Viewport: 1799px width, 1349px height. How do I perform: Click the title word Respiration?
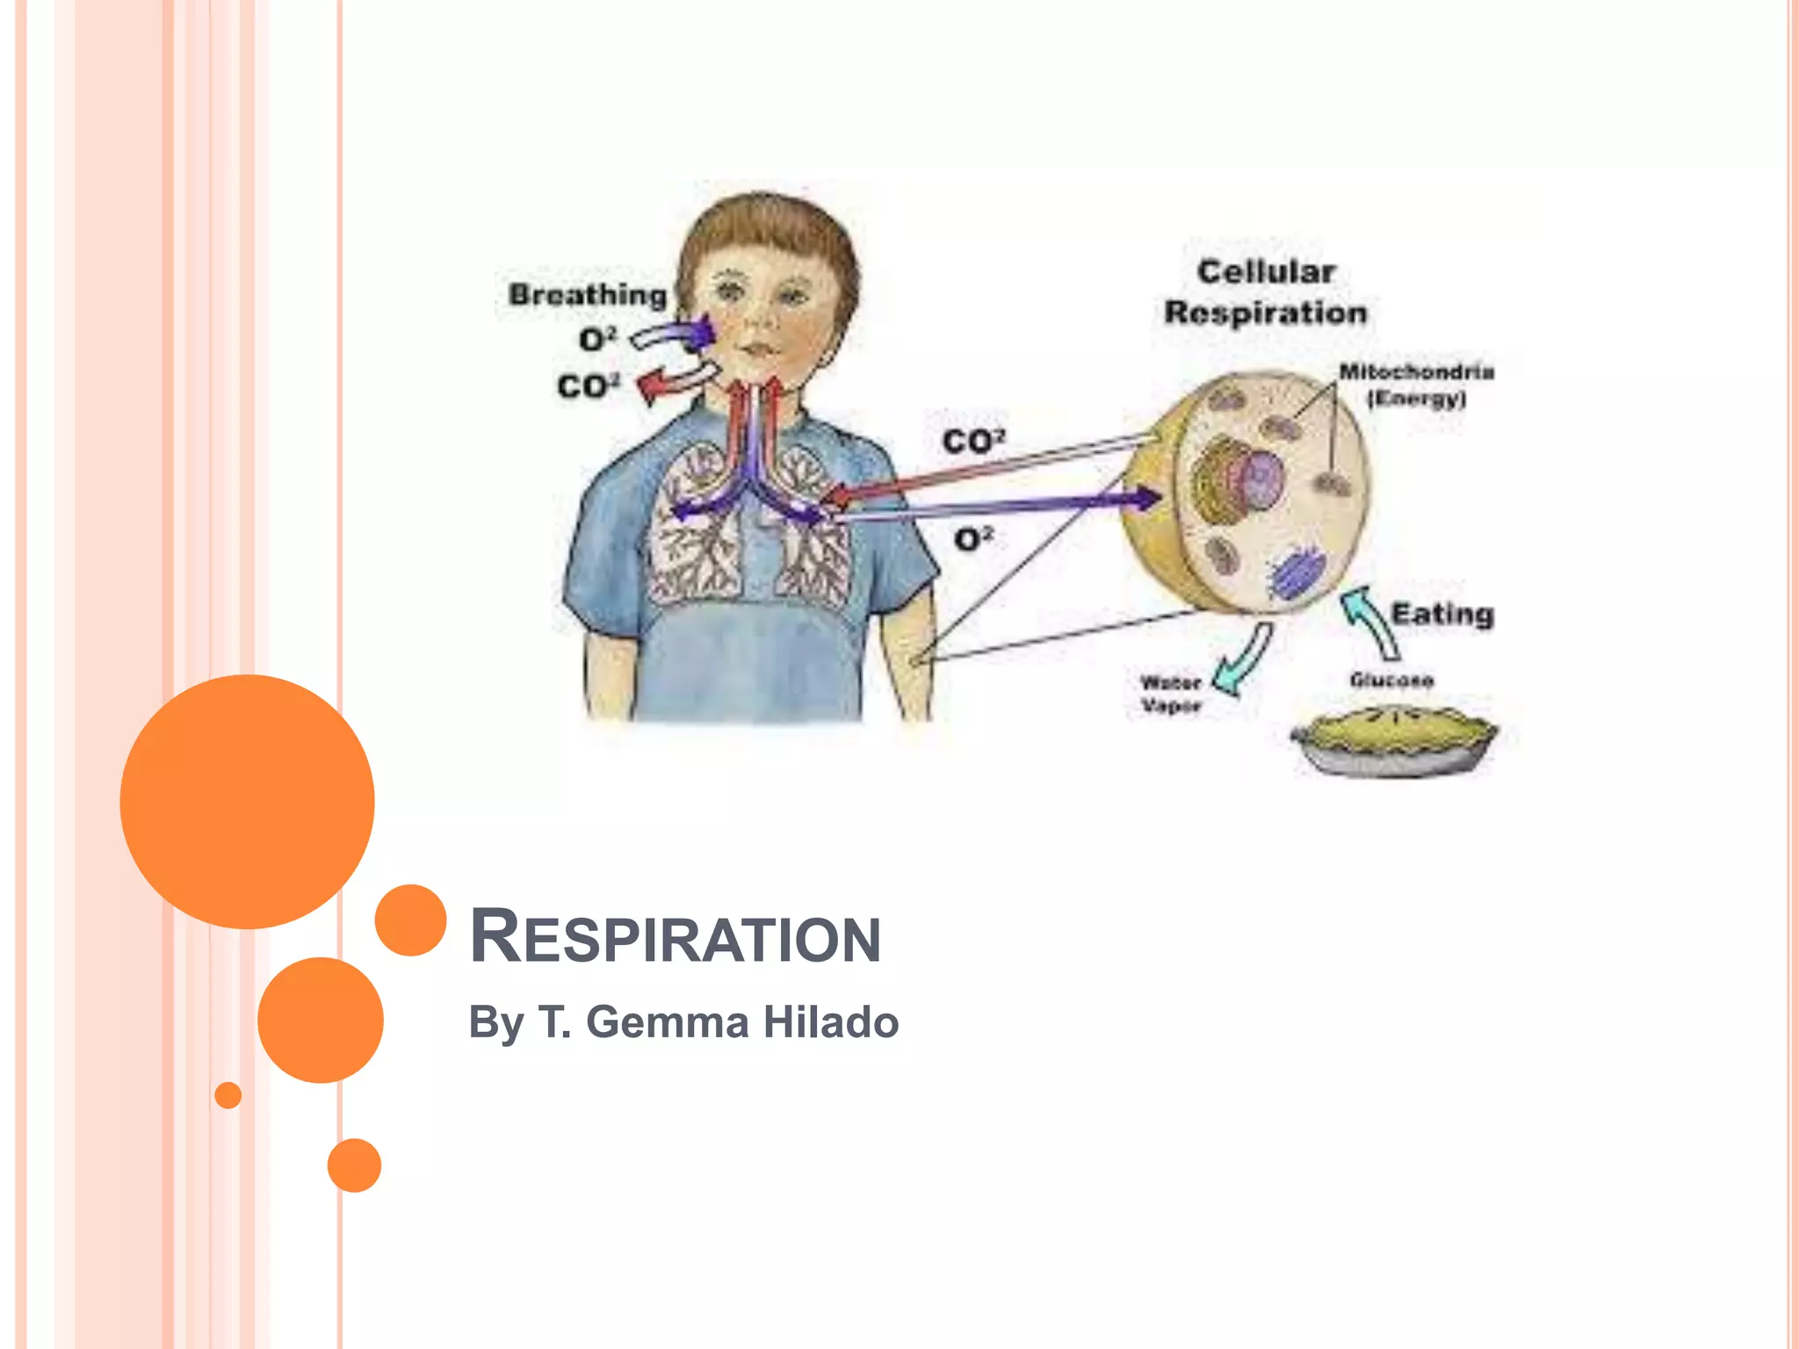point(675,938)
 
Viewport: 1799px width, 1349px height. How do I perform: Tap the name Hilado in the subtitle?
point(830,1022)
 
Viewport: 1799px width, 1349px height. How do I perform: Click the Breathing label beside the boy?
point(588,295)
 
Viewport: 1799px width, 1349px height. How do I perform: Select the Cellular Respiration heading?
point(1266,292)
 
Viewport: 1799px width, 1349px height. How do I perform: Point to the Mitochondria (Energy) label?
point(1416,385)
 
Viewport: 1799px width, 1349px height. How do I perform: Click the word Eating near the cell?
point(1442,614)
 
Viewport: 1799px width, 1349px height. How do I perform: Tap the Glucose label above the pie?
point(1391,680)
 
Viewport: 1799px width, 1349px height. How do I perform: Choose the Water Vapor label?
point(1170,694)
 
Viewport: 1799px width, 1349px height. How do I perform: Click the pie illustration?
point(1394,740)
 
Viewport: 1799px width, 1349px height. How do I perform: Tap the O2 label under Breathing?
point(598,339)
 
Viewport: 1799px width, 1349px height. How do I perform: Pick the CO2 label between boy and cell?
point(973,441)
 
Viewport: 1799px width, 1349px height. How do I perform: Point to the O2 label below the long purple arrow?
point(973,538)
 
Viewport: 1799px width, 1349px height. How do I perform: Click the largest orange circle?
point(247,801)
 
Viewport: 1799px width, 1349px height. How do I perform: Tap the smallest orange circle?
point(228,1095)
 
